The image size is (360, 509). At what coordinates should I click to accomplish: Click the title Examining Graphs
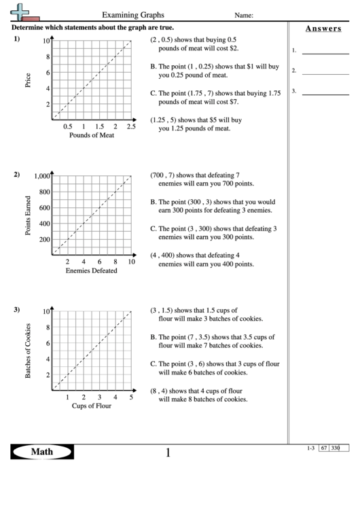pos(132,14)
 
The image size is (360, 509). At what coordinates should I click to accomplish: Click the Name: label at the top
pos(245,14)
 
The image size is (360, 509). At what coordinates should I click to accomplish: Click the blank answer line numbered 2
pos(325,70)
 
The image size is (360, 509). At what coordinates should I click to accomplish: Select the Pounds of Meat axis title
pos(92,135)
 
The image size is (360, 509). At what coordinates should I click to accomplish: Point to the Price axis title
pos(28,80)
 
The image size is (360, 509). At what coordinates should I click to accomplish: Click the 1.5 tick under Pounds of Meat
pos(99,126)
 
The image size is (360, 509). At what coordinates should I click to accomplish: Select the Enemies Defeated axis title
pos(91,270)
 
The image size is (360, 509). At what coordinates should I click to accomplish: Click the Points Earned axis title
pos(28,215)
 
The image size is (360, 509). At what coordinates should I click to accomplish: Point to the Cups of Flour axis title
pos(92,406)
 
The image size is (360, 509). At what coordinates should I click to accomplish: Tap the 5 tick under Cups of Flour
pos(130,398)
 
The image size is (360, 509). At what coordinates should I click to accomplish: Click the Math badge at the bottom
pos(41,452)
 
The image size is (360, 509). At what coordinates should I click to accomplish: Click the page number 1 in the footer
pos(168,453)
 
